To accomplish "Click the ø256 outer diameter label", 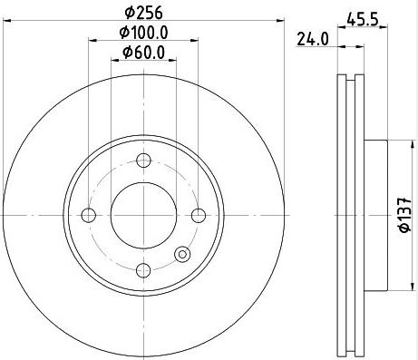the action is (144, 12).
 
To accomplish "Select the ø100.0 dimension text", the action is (143, 33).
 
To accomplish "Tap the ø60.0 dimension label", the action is (144, 53).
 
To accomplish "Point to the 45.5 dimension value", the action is (363, 20).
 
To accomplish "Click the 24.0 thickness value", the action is (312, 39).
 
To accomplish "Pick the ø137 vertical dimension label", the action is (405, 215).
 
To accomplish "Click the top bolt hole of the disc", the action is (143, 161).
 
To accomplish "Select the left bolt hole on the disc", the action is (89, 215).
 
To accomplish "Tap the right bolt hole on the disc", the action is (199, 215).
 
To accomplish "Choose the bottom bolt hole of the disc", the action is (143, 270).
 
